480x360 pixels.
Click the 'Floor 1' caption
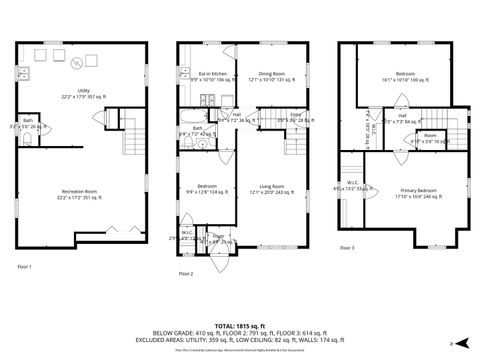point(25,266)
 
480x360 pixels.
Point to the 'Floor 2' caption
point(185,273)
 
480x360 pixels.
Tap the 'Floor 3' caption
point(347,246)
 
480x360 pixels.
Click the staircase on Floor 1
point(130,137)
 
